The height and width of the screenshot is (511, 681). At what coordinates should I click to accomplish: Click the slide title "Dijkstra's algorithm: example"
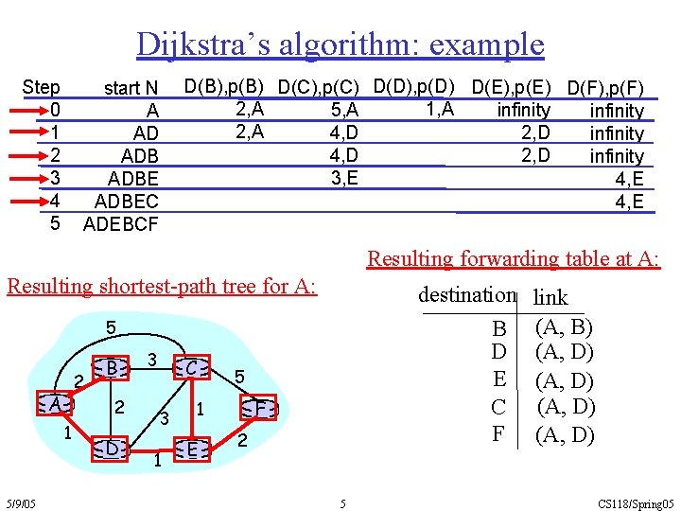point(340,44)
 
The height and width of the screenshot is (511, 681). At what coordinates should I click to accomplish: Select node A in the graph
point(58,404)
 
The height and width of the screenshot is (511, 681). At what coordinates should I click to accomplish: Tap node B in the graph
point(112,367)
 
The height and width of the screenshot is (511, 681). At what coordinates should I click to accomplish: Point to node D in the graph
point(112,449)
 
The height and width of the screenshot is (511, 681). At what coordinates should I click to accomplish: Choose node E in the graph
point(191,449)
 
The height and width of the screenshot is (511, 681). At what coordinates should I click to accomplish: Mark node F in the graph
point(260,409)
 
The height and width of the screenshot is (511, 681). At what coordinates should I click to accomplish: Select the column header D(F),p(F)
point(605,90)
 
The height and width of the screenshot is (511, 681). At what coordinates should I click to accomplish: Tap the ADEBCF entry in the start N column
point(121,224)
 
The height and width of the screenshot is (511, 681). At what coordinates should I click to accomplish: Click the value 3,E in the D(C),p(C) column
point(344,177)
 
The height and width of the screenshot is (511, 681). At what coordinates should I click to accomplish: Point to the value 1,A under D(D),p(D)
point(440,109)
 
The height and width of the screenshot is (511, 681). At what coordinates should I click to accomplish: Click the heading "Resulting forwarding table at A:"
point(514,258)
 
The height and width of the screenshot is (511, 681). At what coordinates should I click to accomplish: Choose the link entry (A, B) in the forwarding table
point(565,327)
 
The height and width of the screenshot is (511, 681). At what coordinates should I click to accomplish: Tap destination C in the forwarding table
point(498,408)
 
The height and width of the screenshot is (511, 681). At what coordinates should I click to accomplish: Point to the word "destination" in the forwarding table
point(466,294)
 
